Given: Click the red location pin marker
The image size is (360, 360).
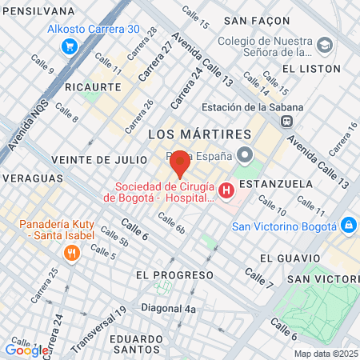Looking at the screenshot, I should (x=180, y=162).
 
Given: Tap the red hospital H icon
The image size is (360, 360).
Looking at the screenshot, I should (x=226, y=190).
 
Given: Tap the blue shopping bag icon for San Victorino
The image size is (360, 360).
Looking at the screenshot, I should (x=348, y=226).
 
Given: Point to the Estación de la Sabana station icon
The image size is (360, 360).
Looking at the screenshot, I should (x=285, y=121).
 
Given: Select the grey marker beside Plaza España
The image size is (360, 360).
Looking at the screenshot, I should (x=246, y=154).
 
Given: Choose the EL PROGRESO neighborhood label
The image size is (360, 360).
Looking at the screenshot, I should (x=174, y=274).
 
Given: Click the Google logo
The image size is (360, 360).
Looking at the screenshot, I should (x=26, y=350).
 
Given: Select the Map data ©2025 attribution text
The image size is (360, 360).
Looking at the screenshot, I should (x=326, y=354).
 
